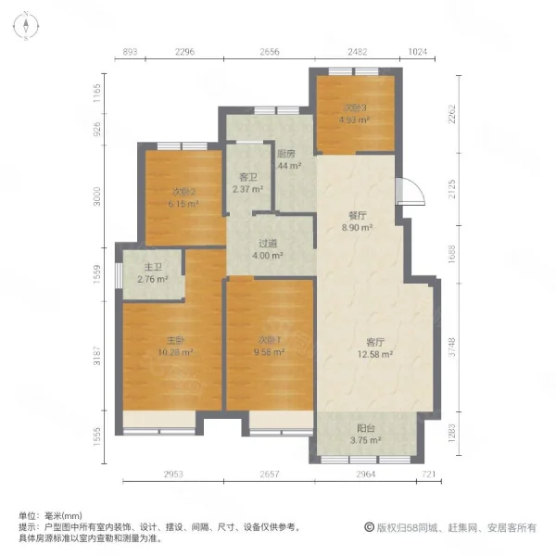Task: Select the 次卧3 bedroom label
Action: [x=354, y=107]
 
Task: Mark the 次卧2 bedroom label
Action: [x=183, y=192]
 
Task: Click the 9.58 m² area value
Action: [x=271, y=352]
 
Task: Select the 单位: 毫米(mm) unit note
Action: [x=50, y=516]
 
